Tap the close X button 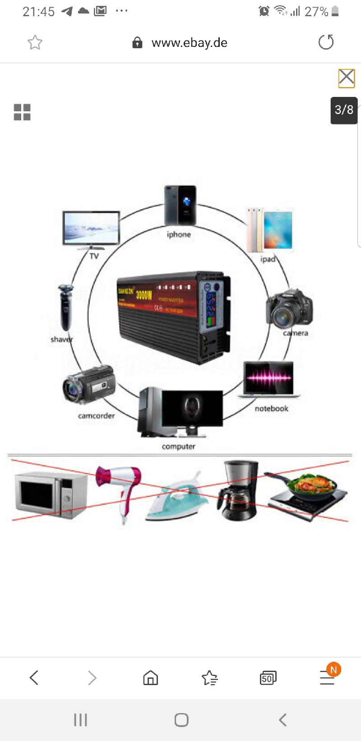[347, 78]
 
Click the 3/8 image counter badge [344, 110]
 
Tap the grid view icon [22, 112]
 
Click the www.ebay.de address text [189, 43]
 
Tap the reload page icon [326, 42]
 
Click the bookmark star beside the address [35, 42]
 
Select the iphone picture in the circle [180, 206]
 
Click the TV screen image [92, 228]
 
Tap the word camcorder [96, 416]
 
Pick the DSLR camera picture [289, 308]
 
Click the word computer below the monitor [179, 446]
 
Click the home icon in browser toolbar [151, 677]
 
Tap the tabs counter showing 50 [268, 678]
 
